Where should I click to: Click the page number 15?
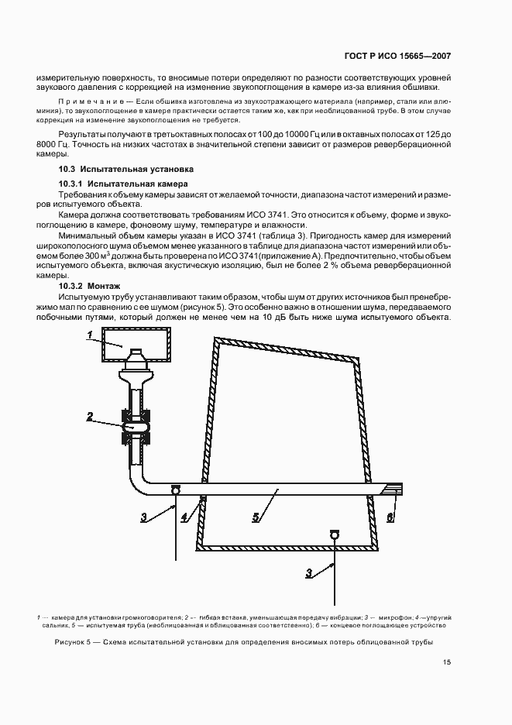(447, 661)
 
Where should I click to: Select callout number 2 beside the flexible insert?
(90, 417)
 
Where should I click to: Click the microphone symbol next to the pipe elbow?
(175, 489)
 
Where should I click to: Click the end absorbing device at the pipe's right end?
(393, 488)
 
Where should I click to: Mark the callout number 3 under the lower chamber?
(310, 572)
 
